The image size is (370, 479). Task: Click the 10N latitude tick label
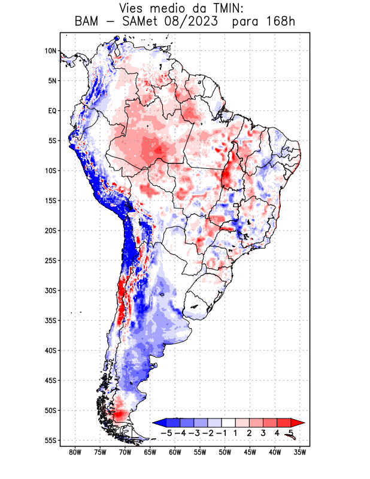tap(50, 51)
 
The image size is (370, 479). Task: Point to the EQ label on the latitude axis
tap(51, 111)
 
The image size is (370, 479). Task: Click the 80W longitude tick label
tap(75, 453)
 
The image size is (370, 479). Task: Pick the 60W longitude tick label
tap(175, 453)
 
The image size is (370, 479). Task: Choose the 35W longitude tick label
tap(301, 453)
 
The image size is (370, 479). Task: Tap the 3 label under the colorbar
tap(263, 432)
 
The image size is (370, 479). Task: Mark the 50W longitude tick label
tap(225, 453)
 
